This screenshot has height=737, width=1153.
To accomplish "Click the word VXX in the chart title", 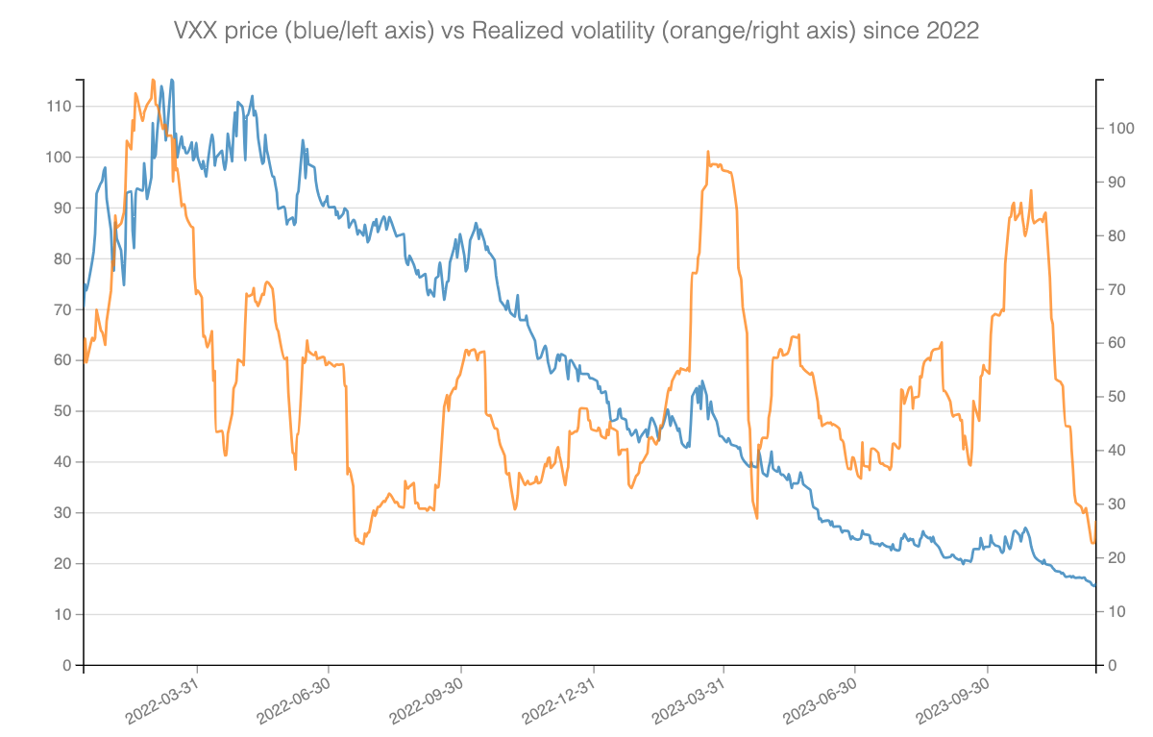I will coord(195,31).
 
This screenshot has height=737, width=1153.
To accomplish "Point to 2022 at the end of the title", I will coord(952,31).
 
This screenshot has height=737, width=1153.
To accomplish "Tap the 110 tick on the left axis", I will coord(59,107).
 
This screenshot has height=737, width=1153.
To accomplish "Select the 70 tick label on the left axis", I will coord(62,310).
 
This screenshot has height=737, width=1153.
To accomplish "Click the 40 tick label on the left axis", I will coord(62,462).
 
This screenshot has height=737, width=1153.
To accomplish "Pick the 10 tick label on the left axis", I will coord(62,615).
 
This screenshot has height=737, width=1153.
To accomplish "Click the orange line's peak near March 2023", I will coord(708,152).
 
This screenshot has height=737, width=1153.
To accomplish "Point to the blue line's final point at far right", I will coord(1095,586).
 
